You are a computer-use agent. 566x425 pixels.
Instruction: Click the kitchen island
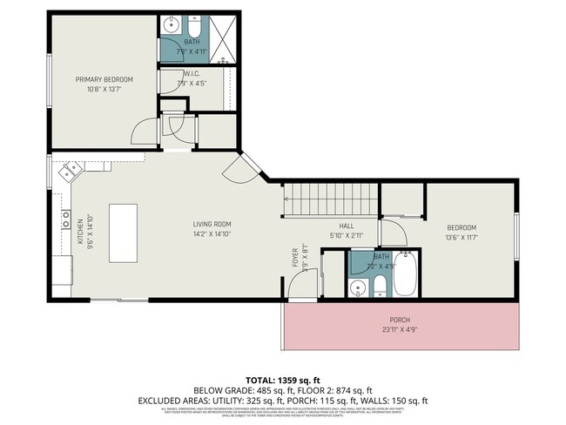click(123, 233)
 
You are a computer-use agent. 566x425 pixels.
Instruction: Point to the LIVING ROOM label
click(212, 224)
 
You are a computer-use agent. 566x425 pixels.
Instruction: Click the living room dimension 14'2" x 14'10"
click(212, 234)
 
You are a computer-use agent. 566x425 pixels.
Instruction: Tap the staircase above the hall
click(331, 200)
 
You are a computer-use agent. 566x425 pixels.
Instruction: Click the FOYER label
click(295, 259)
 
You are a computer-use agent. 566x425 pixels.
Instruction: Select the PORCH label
click(400, 320)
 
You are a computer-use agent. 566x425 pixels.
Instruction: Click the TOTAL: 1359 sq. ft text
click(282, 381)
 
